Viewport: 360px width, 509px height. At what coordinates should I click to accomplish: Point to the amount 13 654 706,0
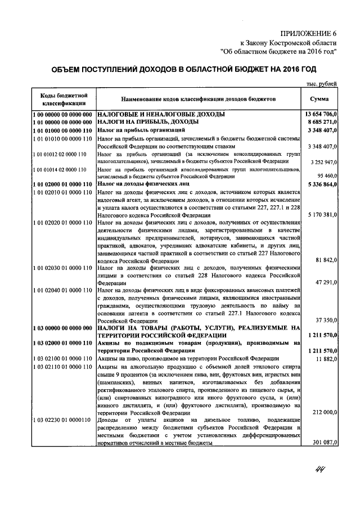tap(318, 114)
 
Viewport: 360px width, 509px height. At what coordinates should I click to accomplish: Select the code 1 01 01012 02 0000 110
tap(62, 154)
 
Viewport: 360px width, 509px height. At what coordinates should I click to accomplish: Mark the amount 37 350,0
tap(325, 320)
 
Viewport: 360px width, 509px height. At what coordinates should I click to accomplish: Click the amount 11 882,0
tap(325, 358)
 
